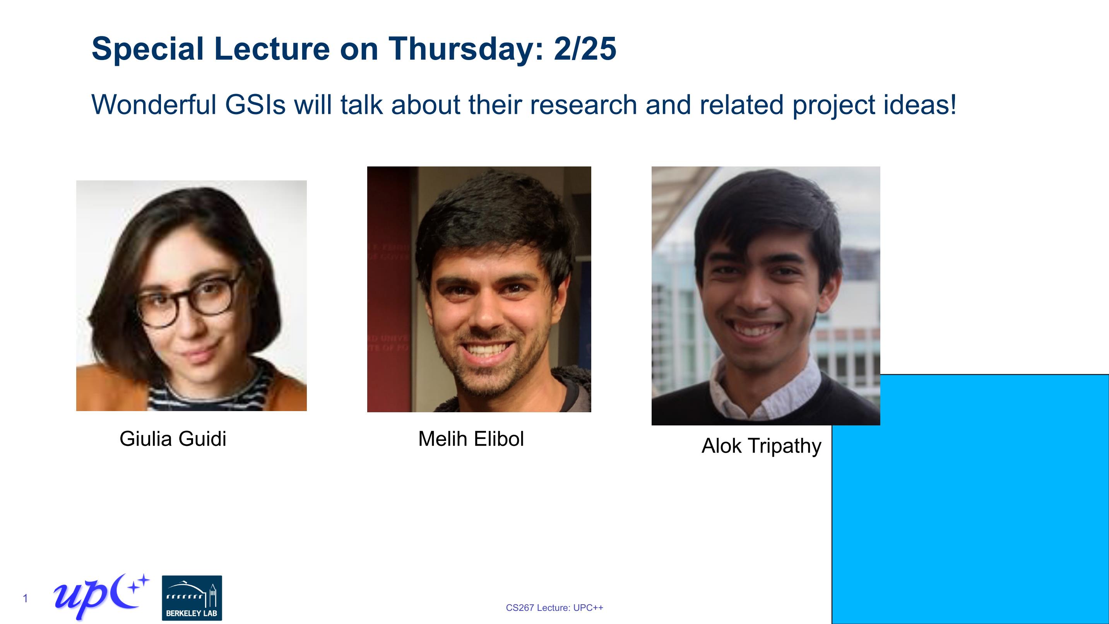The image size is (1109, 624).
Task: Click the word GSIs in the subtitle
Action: tap(255, 105)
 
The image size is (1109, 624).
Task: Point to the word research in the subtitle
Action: tap(583, 105)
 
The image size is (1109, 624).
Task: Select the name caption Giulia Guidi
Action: tap(173, 439)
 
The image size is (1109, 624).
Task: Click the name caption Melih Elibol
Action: tap(471, 439)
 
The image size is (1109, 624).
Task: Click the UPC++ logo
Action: tap(101, 597)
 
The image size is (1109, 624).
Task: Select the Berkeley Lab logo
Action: tap(192, 598)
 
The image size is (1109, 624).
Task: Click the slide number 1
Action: tap(26, 598)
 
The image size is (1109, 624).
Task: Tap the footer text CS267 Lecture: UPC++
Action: tap(554, 608)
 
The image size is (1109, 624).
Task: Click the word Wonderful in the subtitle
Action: tap(154, 105)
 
